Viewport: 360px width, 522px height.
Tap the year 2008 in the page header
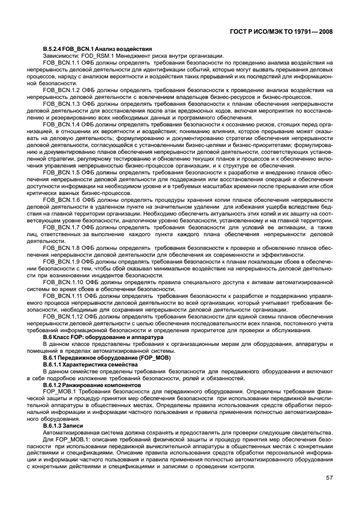323,34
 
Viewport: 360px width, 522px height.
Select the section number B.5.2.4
55,50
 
